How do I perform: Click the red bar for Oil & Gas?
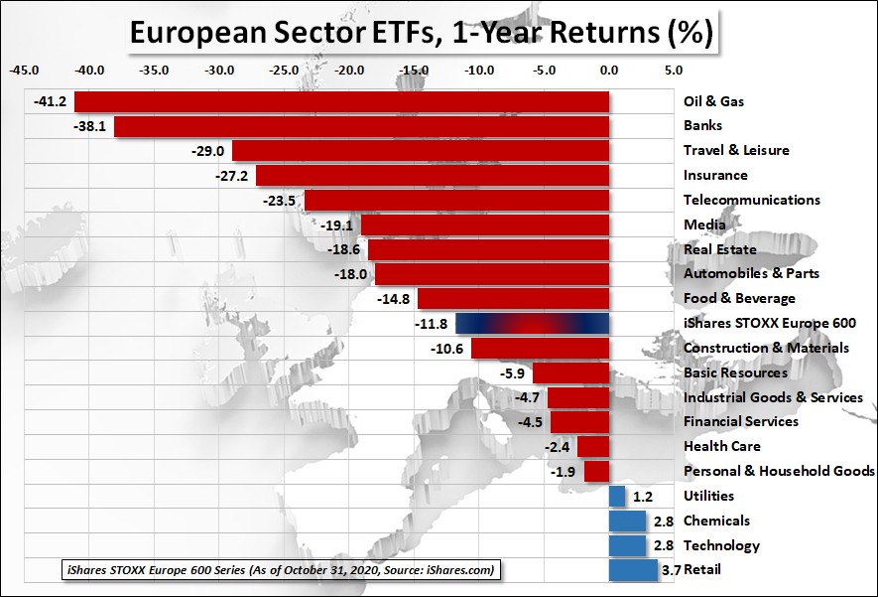(341, 101)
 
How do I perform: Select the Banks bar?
(361, 126)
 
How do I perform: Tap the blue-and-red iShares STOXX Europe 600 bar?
(532, 323)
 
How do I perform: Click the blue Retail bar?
(632, 570)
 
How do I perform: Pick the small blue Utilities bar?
(616, 496)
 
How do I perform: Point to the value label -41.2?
(50, 101)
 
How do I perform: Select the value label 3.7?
(670, 570)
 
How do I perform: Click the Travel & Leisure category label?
(736, 150)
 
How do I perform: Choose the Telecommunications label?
(752, 200)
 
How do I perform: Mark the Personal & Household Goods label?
(779, 471)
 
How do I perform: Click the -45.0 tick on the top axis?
(25, 71)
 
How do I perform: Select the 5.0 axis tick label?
(673, 71)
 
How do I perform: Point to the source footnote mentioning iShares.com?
(279, 570)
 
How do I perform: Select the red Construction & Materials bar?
(540, 348)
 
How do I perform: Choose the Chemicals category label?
(716, 521)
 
